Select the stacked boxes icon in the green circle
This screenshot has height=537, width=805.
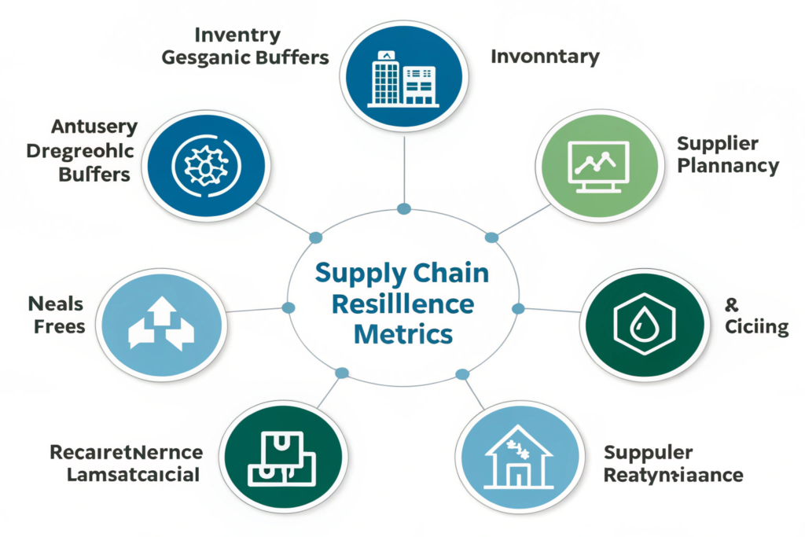click(281, 456)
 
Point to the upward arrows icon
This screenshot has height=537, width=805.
click(160, 323)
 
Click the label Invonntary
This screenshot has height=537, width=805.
click(545, 57)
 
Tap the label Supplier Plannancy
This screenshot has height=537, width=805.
click(727, 154)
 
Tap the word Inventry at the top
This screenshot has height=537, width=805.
click(237, 35)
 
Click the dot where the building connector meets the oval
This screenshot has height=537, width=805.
click(404, 208)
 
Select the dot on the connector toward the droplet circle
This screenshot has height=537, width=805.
click(517, 308)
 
